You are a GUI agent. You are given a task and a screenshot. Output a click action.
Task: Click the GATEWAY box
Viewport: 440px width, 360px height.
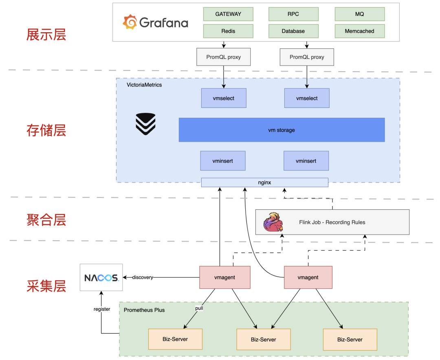pos(228,14)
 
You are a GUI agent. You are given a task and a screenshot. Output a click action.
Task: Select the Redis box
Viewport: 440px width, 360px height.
pos(228,31)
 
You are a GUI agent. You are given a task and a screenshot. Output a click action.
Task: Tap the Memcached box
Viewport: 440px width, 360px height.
pos(359,31)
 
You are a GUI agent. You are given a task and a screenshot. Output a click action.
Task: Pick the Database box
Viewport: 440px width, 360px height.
pos(293,31)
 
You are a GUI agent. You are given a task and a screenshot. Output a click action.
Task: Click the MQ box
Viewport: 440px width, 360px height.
pos(359,14)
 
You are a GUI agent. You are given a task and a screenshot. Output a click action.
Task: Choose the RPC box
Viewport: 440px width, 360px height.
pos(293,14)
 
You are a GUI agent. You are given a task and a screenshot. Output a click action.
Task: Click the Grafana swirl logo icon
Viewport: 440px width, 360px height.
pos(130,22)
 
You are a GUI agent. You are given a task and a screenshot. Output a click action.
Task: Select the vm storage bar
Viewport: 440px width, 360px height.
pos(282,130)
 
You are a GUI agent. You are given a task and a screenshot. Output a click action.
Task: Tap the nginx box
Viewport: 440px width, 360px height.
pos(265,182)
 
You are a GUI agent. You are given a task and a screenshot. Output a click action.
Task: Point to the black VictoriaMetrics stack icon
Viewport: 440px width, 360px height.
pos(145,124)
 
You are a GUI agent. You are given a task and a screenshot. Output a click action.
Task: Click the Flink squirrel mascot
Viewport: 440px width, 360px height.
pos(273,222)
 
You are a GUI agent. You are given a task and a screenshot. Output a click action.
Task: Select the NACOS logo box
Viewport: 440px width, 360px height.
pos(101,277)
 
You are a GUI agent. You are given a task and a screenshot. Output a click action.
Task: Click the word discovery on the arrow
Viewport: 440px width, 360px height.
pos(143,277)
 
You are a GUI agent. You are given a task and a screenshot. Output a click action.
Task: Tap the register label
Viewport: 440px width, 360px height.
pos(102,309)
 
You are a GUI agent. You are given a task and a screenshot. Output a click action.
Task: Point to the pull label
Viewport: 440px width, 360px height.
pos(199,308)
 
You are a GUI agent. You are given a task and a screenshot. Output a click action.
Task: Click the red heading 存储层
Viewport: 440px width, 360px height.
pos(46,130)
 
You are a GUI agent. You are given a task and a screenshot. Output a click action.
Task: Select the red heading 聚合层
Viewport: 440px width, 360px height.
pos(46,220)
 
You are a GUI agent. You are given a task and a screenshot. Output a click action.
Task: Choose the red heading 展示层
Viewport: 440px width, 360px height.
pos(46,35)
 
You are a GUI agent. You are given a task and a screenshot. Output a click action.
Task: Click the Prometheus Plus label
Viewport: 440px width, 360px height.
pos(144,310)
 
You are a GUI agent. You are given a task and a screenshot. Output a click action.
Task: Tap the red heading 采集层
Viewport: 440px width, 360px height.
pos(46,286)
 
